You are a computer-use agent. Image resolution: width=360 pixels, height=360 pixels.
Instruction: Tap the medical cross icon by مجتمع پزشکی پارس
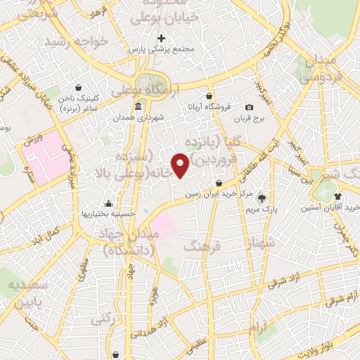click(162, 37)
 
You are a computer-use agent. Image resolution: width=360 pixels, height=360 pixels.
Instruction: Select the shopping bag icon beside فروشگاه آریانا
click(209, 96)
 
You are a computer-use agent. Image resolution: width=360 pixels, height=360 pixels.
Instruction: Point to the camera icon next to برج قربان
click(249, 107)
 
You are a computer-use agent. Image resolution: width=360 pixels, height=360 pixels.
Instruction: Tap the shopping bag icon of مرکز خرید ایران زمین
click(220, 184)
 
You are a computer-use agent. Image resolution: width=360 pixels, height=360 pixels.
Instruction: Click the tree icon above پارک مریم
click(261, 198)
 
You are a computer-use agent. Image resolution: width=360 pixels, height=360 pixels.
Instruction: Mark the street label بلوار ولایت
click(330, 345)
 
